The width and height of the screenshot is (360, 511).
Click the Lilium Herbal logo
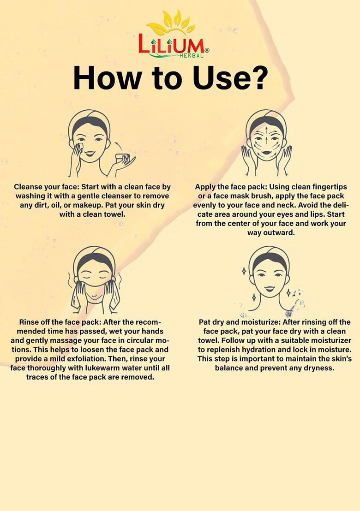tap(174, 35)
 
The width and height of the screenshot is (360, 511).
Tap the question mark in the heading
tap(256, 78)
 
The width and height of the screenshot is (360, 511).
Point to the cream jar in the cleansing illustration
tap(123, 158)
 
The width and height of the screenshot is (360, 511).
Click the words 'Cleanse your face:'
tap(46, 187)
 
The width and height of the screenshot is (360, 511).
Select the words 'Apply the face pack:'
tap(231, 187)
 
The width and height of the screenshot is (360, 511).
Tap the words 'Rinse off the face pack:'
tap(60, 322)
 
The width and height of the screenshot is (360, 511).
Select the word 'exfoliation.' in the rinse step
tap(106, 359)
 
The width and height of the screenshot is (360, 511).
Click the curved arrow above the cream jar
tap(120, 146)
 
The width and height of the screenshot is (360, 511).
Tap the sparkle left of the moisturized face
tap(244, 271)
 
